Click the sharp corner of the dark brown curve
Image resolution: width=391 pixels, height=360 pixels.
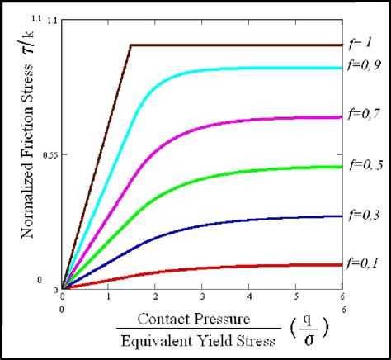pos(131,45)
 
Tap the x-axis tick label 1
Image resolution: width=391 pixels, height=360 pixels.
pos(108,296)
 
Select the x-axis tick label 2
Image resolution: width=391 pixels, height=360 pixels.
pos(154,296)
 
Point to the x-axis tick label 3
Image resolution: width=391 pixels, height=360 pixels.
pos(200,296)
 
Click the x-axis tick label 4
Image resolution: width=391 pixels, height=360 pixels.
pos(247,296)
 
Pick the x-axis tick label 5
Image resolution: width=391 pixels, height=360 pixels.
pos(294,296)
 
